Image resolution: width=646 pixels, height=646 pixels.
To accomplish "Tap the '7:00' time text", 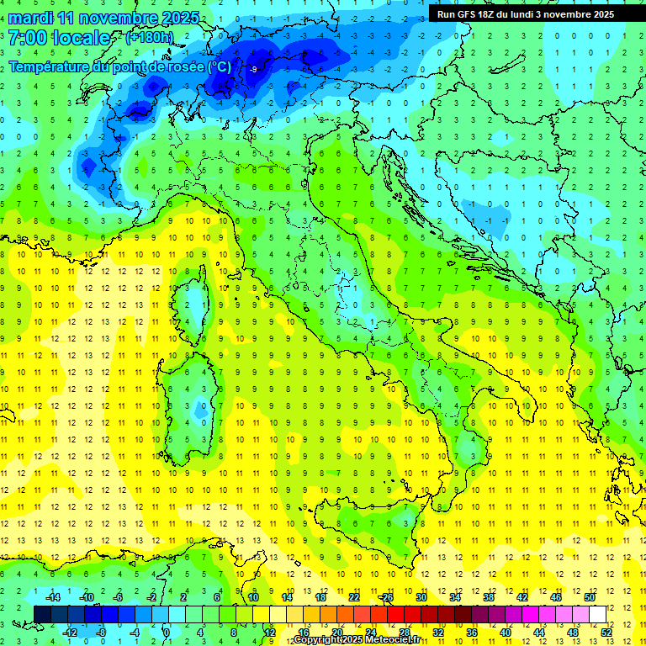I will coord(28,38).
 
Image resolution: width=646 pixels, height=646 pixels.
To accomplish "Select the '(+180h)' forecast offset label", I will coord(150,38).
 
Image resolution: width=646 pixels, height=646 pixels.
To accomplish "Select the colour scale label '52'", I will coord(606,632).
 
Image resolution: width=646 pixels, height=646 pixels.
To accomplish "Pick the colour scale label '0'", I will coord(166,632).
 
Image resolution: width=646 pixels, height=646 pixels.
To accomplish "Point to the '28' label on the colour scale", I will coord(404,632).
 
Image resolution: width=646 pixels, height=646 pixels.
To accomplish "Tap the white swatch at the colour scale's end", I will coord(597,614).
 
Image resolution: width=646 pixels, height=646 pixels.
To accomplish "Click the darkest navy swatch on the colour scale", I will coord(43,614).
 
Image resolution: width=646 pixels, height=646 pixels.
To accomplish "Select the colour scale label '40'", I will coord(505,632).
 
